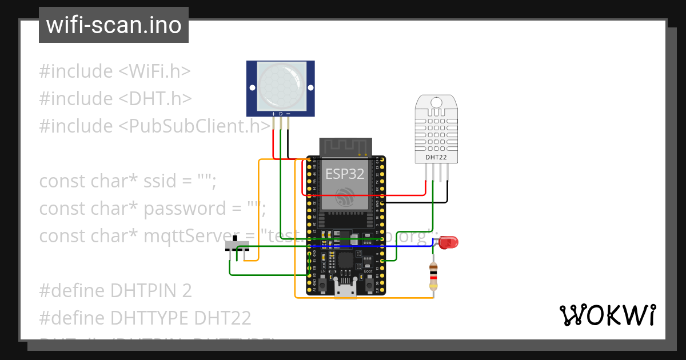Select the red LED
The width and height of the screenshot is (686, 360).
coord(448,242)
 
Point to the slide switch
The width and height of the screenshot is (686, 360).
coord(237,246)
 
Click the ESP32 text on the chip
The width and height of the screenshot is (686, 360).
coord(345,174)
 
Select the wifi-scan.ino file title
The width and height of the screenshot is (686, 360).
coord(114,25)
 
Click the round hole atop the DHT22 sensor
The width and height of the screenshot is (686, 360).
coord(437,102)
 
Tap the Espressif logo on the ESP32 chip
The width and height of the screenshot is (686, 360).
coord(345,197)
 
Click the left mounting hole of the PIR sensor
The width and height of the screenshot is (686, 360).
coord(251,88)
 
